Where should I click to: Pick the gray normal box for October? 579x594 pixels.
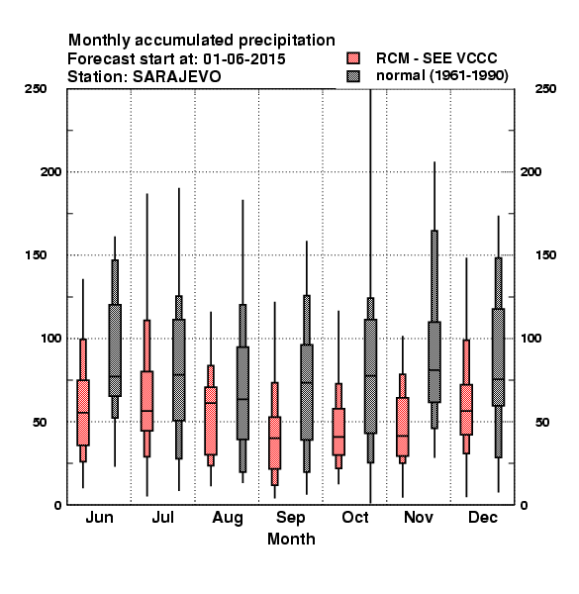(x=371, y=376)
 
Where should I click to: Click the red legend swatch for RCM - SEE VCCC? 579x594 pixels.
(x=353, y=58)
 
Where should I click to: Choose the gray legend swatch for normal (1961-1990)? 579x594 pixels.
(x=353, y=76)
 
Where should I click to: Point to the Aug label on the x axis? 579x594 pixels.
(x=228, y=518)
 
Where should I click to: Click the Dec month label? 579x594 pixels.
(x=483, y=517)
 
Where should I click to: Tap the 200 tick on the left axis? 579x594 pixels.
(x=51, y=171)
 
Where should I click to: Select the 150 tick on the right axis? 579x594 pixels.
(x=545, y=255)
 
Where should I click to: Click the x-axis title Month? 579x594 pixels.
(x=291, y=540)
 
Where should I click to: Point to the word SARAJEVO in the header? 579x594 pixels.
(x=176, y=77)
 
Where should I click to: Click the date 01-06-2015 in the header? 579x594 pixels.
(x=244, y=59)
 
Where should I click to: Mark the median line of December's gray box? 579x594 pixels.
(x=499, y=379)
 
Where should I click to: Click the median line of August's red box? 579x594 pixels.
(x=211, y=403)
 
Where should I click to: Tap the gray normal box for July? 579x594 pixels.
(x=179, y=370)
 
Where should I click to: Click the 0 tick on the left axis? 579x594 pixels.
(x=58, y=505)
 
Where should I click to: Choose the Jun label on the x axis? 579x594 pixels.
(x=100, y=517)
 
